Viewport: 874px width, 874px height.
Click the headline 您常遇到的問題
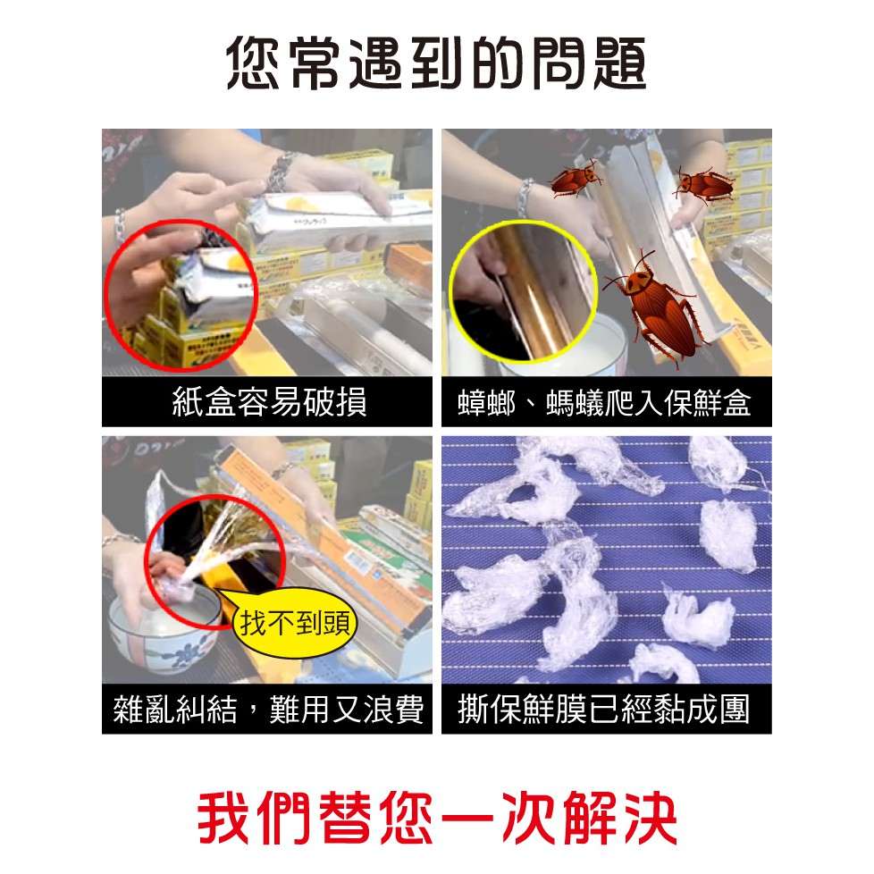pos(436,63)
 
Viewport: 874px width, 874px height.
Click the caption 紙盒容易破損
pos(269,402)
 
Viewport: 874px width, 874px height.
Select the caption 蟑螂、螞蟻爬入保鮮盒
pos(604,402)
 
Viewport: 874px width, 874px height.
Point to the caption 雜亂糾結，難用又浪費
pos(267,709)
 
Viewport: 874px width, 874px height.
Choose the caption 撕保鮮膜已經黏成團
pos(603,709)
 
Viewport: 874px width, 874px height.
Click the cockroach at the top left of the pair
pos(576,179)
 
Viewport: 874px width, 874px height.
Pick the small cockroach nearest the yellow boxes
pos(704,185)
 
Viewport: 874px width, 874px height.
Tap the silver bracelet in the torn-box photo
pos(282,170)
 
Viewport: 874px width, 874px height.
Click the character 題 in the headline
pos(620,63)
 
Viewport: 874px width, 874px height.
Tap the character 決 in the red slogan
pos(650,818)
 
